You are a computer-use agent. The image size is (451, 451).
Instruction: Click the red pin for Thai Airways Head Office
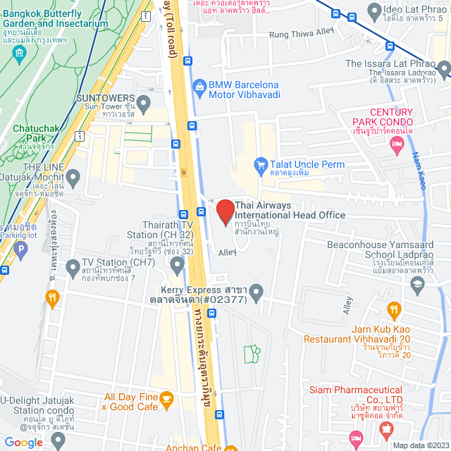225,211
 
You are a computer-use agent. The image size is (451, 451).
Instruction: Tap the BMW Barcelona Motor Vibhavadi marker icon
199,88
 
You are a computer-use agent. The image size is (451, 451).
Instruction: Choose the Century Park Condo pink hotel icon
397,144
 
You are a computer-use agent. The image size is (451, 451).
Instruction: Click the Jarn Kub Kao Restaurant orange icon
394,308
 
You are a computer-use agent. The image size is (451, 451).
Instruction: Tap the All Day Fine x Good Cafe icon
166,400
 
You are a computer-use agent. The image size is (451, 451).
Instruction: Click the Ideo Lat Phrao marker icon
373,11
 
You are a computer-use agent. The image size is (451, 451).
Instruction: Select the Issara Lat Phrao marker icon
444,68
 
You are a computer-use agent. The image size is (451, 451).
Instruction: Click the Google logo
23,442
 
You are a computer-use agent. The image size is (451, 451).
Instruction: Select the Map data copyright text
420,445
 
